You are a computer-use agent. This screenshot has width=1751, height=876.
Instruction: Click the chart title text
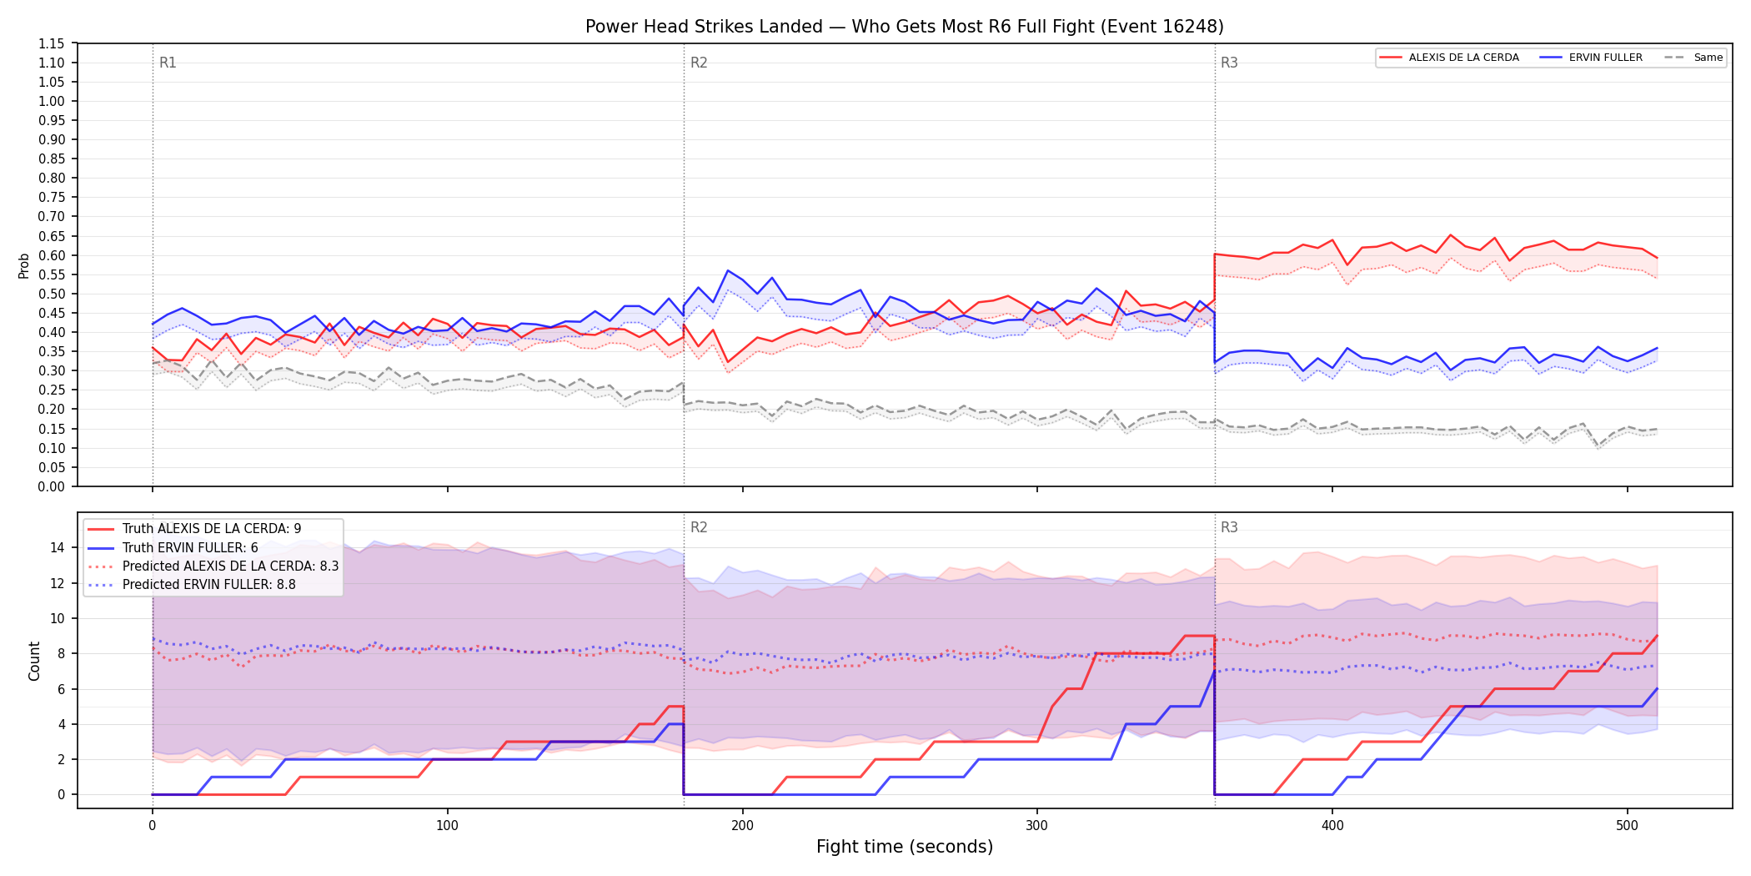point(905,27)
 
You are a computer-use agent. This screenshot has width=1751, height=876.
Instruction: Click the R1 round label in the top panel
point(168,63)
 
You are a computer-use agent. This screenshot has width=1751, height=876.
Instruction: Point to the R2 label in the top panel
point(699,63)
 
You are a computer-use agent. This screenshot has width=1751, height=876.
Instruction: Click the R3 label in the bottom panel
point(1229,527)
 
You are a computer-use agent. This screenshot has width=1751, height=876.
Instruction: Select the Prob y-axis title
point(24,265)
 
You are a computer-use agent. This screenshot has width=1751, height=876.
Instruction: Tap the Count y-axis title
point(34,661)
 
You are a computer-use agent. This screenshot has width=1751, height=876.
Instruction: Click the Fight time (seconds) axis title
point(905,847)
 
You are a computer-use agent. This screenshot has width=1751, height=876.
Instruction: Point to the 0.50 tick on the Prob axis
point(52,294)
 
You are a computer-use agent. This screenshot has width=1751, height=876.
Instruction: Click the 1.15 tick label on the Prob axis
point(52,43)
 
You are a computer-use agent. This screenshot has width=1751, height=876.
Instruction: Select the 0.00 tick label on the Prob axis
point(52,486)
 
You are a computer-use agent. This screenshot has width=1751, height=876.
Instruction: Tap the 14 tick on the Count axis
point(58,547)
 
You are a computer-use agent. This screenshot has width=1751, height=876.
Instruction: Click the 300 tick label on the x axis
point(1037,826)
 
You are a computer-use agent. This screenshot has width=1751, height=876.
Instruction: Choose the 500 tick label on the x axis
point(1627,826)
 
